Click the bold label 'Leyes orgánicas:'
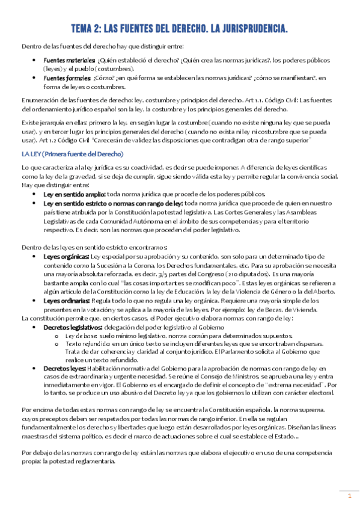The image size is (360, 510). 65,256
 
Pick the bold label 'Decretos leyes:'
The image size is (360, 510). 64,367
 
